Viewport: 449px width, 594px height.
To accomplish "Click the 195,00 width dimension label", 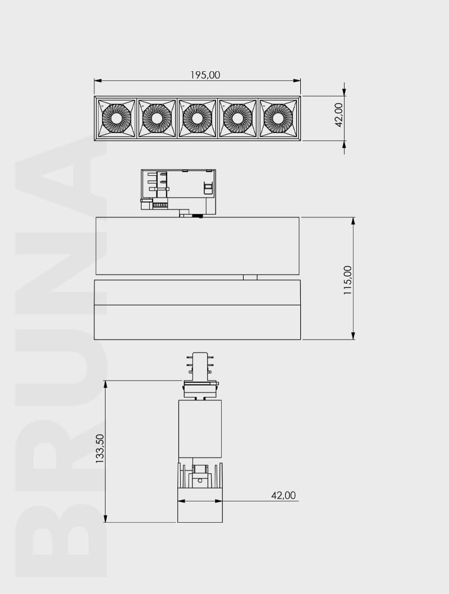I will (x=205, y=75).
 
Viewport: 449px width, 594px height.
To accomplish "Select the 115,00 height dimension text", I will (x=348, y=280).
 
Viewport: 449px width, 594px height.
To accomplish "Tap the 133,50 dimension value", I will (x=100, y=447).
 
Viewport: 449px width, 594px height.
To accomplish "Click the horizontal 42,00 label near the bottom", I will (x=283, y=495).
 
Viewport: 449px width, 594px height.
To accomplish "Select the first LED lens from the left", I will (x=117, y=118).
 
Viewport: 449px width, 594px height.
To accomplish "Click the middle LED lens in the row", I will (x=197, y=118).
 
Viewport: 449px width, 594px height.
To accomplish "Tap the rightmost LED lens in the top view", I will (x=278, y=118).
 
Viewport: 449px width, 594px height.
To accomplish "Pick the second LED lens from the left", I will (x=157, y=118).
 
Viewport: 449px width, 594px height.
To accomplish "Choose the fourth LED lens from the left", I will (x=237, y=118).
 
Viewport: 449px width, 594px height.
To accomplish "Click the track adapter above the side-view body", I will (x=178, y=191).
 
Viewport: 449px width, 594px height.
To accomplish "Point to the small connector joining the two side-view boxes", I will (x=250, y=277).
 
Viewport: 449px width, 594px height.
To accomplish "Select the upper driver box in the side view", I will (x=197, y=245).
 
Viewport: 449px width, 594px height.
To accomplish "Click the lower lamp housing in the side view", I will (x=197, y=309).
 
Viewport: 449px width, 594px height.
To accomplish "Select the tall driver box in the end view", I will (x=200, y=428).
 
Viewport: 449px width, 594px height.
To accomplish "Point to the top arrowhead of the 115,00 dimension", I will (x=353, y=221).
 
